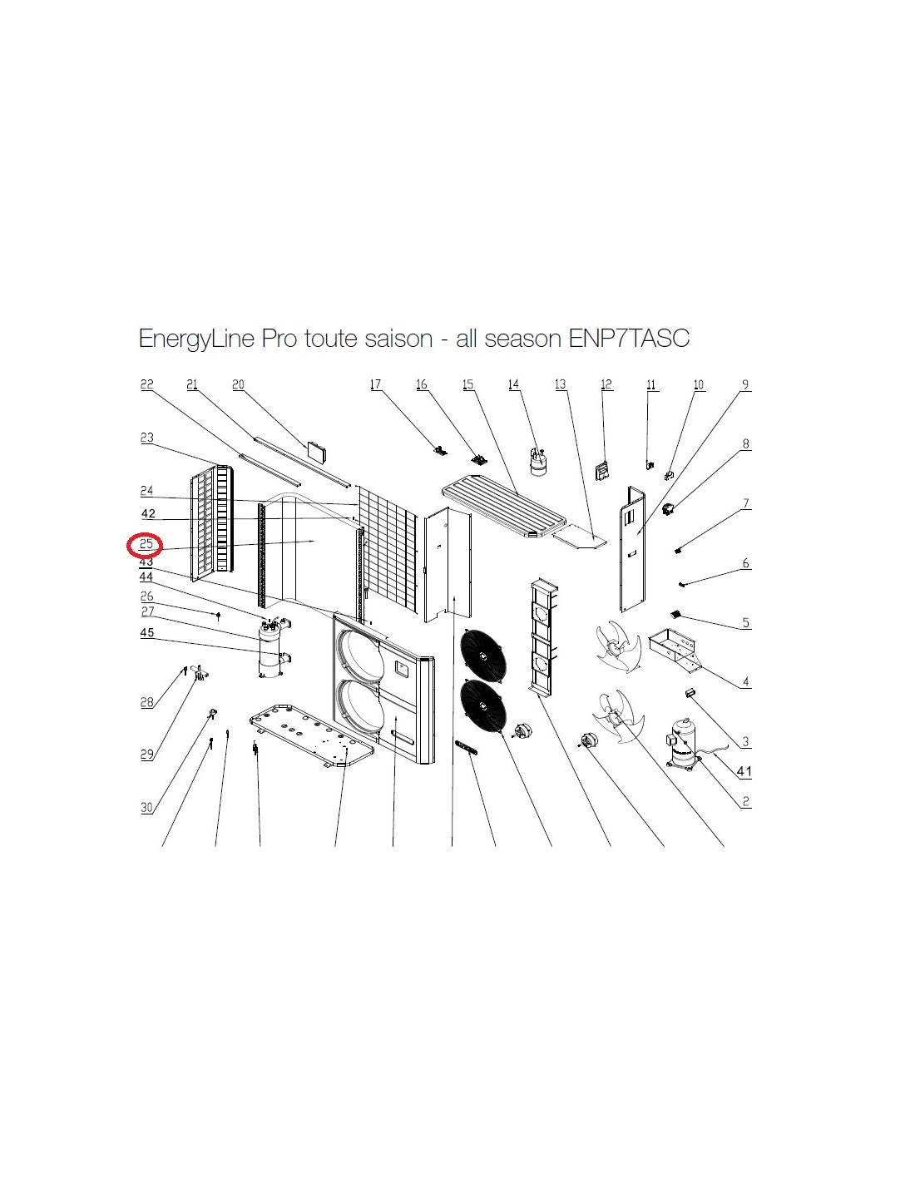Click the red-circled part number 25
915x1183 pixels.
pos(146,544)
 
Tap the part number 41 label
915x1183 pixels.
pos(744,771)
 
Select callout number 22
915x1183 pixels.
pos(146,384)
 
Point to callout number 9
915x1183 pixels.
pos(745,384)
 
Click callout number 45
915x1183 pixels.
pos(147,632)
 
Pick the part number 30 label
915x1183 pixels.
pos(147,807)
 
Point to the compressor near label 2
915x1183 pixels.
pos(685,744)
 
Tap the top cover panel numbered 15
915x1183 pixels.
pos(505,505)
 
